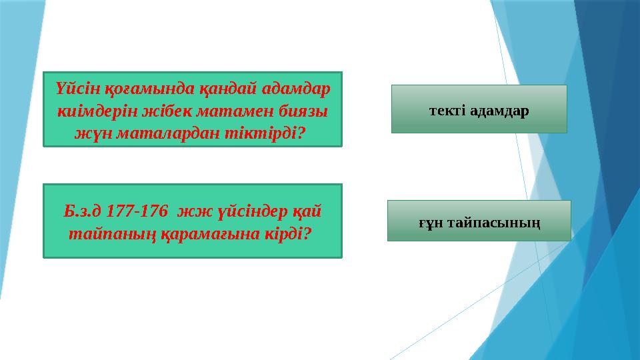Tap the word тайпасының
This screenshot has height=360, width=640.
pyautogui.click(x=493, y=221)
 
